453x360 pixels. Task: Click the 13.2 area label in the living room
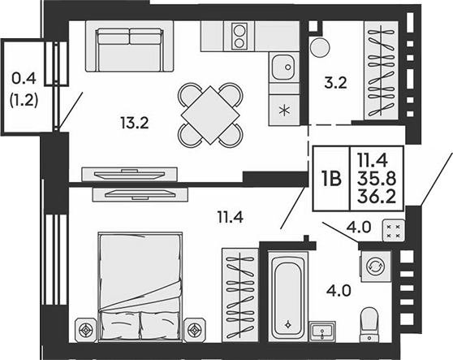[x=135, y=124]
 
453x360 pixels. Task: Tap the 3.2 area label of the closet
[x=335, y=83]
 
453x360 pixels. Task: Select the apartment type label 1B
[x=331, y=179]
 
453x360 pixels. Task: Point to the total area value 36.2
[x=377, y=197]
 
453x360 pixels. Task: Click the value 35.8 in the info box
[x=377, y=180]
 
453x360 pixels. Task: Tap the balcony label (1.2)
[x=24, y=102]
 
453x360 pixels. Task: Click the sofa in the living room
[x=130, y=46]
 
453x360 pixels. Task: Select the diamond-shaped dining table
[x=210, y=115]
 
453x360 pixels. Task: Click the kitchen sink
[x=283, y=67]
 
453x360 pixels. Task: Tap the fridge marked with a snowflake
[x=284, y=110]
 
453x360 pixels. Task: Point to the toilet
[x=369, y=325]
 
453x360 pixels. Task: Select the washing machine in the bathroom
[x=375, y=266]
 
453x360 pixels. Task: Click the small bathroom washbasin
[x=322, y=332]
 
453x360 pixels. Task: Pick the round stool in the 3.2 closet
[x=320, y=47]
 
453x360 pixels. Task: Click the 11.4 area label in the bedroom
[x=230, y=217]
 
